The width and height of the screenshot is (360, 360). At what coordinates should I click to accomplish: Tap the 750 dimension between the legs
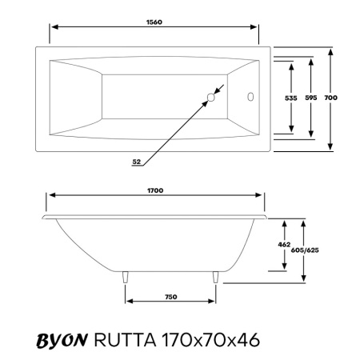[170, 297]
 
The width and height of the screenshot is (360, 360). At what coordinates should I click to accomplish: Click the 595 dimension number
[311, 98]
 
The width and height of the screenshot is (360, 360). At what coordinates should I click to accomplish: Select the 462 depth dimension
[283, 244]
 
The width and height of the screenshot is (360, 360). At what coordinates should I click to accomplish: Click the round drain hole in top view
[211, 98]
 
